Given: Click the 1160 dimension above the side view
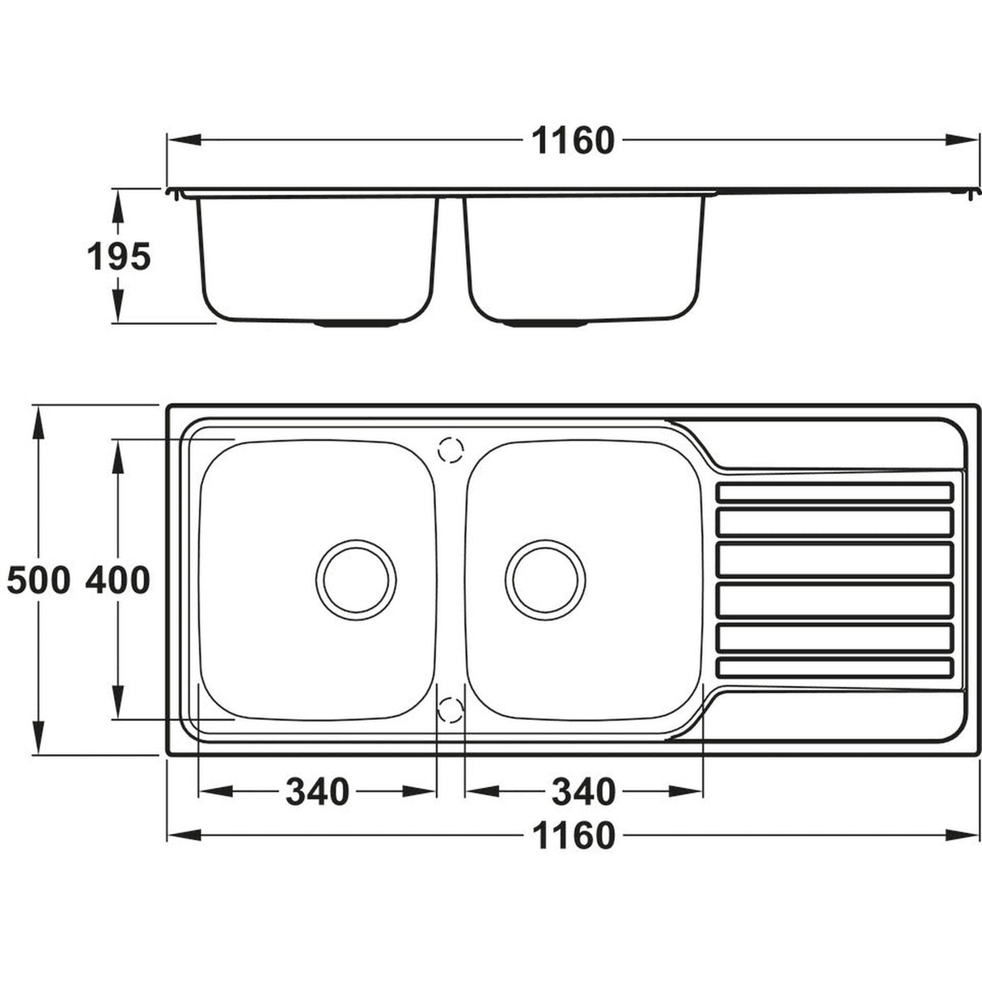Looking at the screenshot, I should (x=573, y=141).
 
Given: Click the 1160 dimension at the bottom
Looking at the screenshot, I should (x=573, y=835).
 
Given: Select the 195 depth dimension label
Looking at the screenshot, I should (x=119, y=257).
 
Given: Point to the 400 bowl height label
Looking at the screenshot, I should (x=118, y=581).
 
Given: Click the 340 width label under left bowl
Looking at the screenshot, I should (x=316, y=791).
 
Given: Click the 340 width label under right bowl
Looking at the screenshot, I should (x=582, y=791).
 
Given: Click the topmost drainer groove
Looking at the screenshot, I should (x=836, y=493).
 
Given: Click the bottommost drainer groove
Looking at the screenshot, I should (x=836, y=667).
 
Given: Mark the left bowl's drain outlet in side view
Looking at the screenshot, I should (x=356, y=324).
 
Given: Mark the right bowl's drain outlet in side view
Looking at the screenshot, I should (x=545, y=324).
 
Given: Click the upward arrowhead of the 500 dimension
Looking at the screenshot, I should (x=37, y=417).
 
